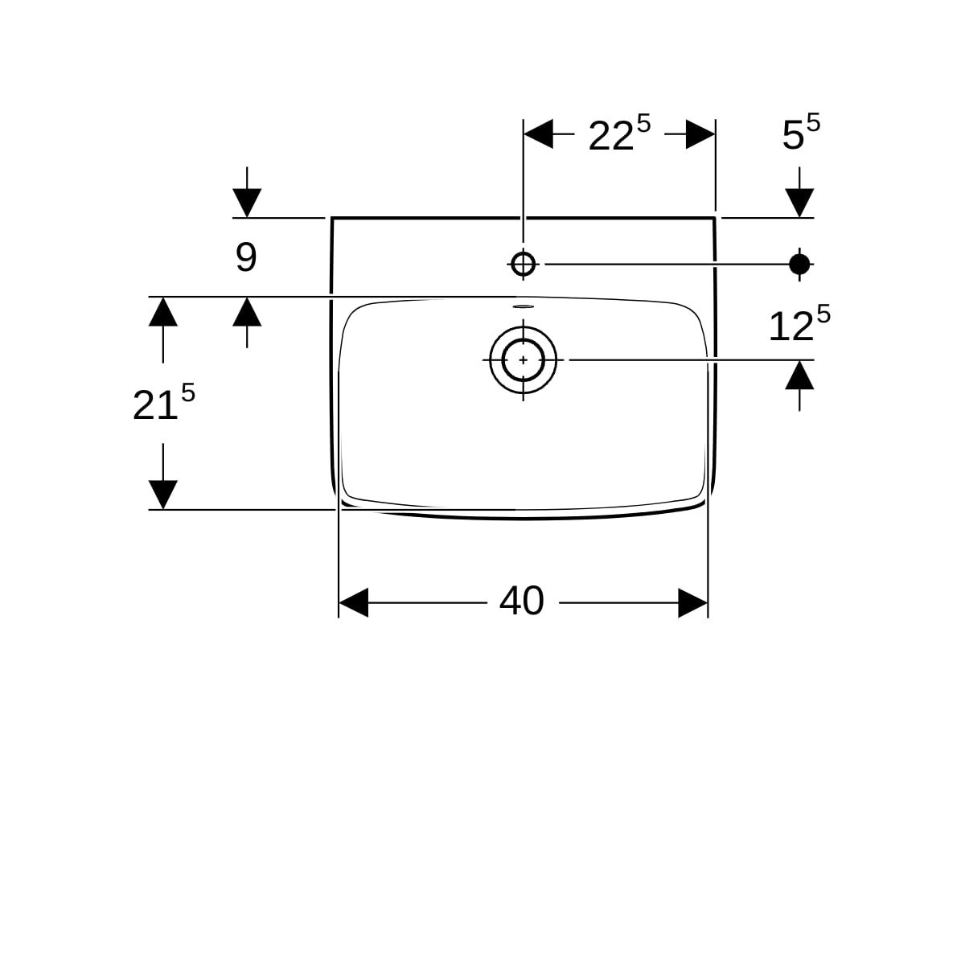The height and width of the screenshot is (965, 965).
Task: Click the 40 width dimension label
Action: click(x=521, y=602)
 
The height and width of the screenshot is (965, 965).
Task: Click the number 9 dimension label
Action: click(x=246, y=258)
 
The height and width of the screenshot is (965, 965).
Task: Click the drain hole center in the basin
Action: click(x=524, y=359)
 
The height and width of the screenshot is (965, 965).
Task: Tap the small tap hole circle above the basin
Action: click(x=524, y=264)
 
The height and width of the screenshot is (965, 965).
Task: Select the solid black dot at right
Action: click(x=799, y=264)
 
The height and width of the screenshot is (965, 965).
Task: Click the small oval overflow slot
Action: click(x=524, y=306)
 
